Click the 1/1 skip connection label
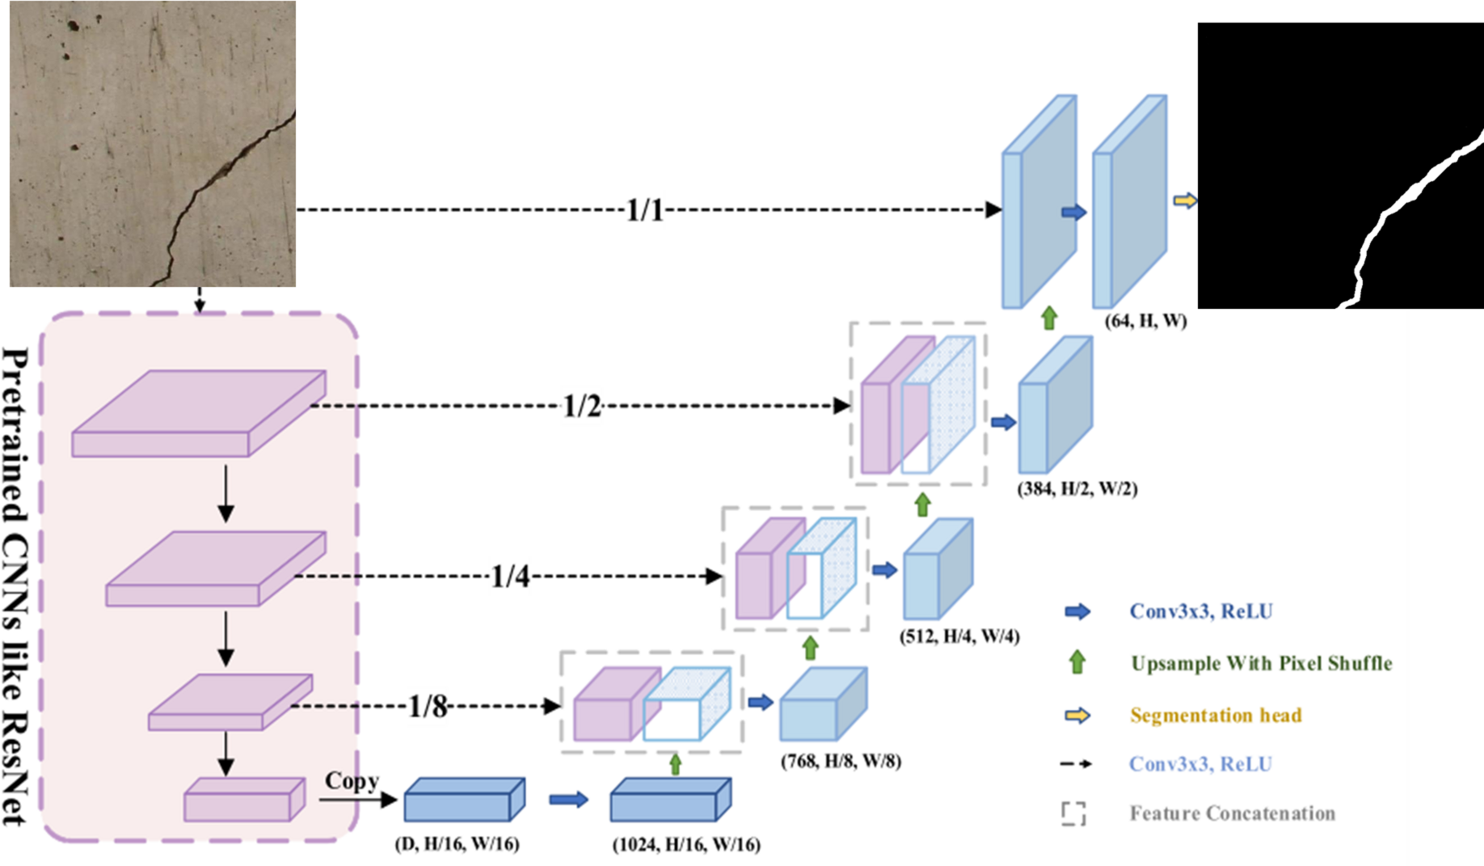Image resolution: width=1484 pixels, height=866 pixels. coord(644,211)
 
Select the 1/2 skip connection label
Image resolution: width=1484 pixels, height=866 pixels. coord(582,407)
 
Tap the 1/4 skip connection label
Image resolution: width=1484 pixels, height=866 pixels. coord(510,577)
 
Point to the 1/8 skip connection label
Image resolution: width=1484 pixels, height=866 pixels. coord(428,707)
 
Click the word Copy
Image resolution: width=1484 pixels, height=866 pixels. coord(352,781)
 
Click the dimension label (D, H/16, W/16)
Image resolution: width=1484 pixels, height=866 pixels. coord(457,844)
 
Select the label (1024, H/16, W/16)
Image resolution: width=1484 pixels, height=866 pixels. coord(686,845)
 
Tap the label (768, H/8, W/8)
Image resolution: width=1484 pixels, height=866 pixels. coord(841,761)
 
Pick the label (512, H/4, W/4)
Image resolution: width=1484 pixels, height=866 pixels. coord(959,636)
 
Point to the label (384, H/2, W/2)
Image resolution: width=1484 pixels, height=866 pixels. coord(1077,488)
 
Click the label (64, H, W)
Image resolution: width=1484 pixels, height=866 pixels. coord(1145,321)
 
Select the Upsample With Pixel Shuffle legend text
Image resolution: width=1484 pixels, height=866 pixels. coord(1261,664)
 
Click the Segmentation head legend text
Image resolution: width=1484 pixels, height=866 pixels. coord(1216,716)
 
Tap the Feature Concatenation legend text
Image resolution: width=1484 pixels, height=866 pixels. coord(1232,813)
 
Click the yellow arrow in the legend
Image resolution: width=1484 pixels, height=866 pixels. coord(1077,716)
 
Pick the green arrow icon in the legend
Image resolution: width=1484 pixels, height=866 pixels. coord(1077,663)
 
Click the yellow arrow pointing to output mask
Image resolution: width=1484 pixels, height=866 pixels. coord(1185,200)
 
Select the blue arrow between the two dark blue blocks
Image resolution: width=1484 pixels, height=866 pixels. coord(568,800)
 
